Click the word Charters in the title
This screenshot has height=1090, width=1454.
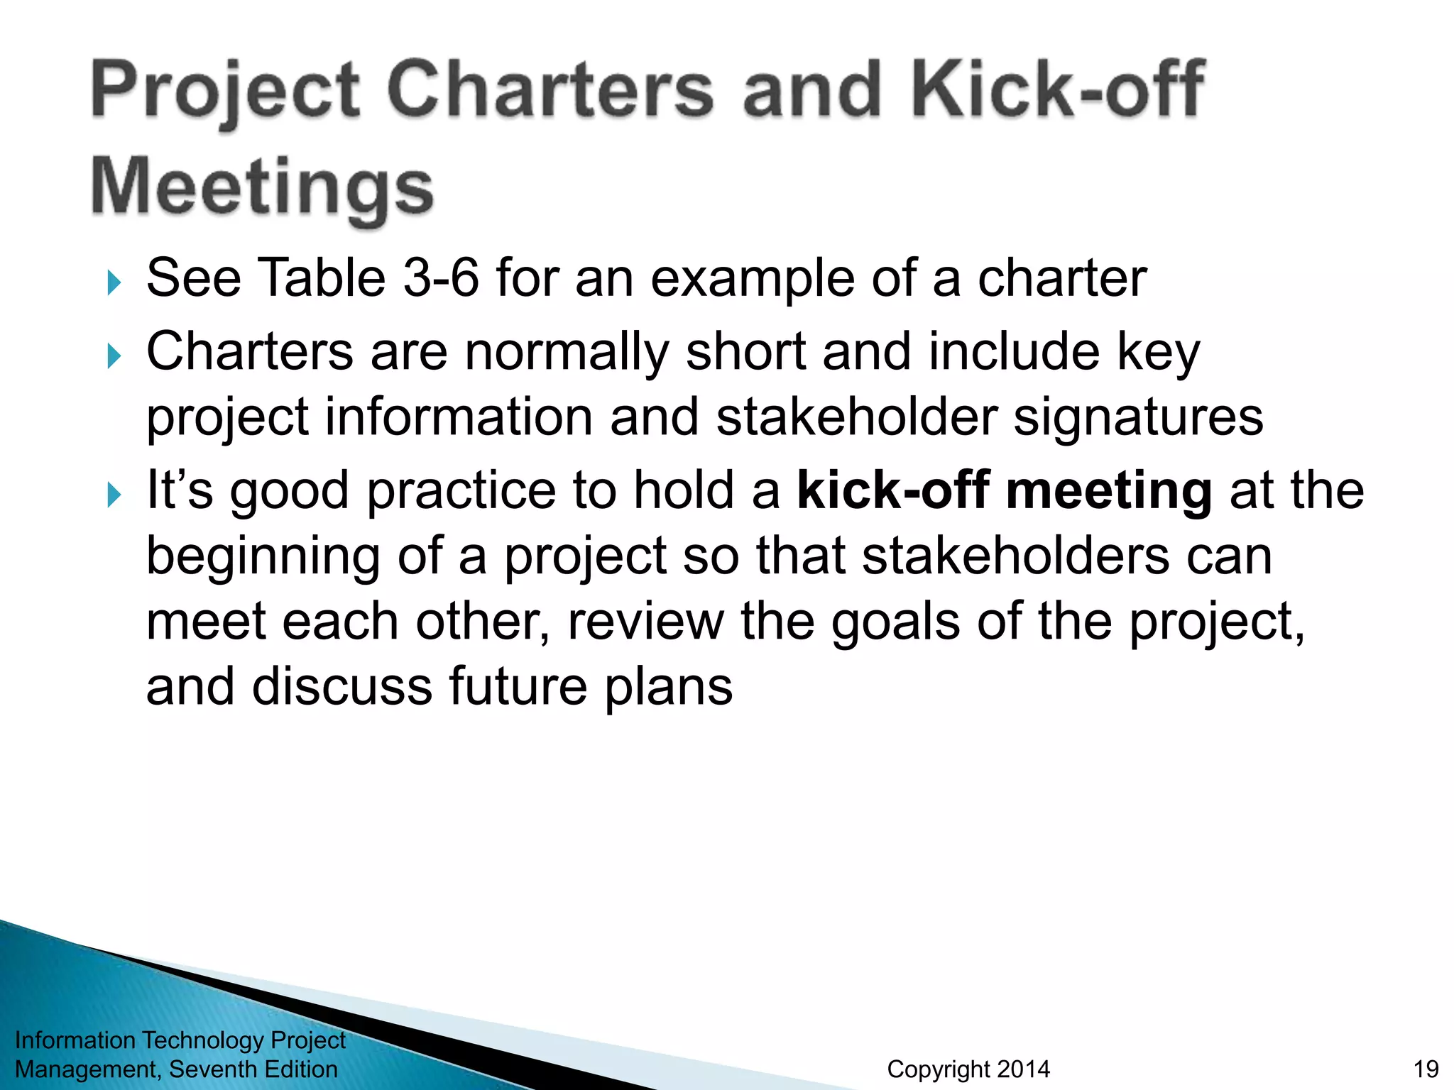pyautogui.click(x=550, y=90)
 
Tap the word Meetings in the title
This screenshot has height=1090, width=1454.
pyautogui.click(x=262, y=187)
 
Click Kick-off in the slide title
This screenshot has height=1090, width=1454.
pyautogui.click(x=1058, y=90)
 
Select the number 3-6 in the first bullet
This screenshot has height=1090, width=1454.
pyautogui.click(x=441, y=277)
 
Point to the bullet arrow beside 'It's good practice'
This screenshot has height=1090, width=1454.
pyautogui.click(x=114, y=495)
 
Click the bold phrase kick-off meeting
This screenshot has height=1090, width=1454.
pyautogui.click(x=1004, y=490)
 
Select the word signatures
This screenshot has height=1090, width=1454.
pyautogui.click(x=1137, y=417)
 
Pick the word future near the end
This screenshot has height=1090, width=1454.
pyautogui.click(x=518, y=686)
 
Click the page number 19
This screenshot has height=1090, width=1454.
pyautogui.click(x=1426, y=1069)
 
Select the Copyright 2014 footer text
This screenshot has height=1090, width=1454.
pyautogui.click(x=968, y=1069)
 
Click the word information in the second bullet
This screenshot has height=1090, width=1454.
pyautogui.click(x=458, y=417)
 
